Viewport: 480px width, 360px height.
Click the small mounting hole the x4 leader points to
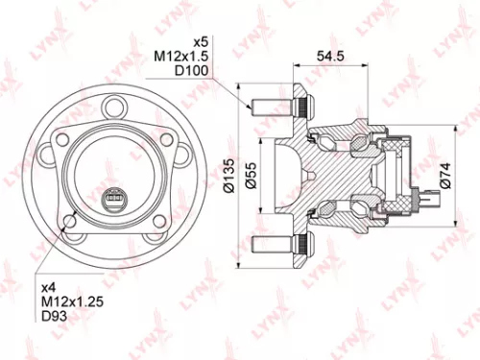(x=71, y=223)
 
